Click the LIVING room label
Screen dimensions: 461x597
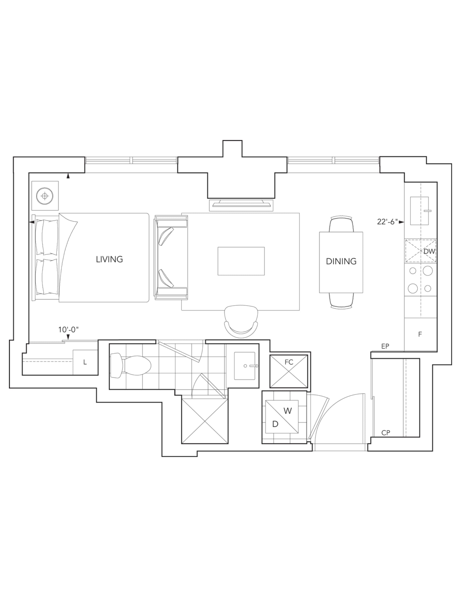pos(109,259)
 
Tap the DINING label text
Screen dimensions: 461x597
pos(341,261)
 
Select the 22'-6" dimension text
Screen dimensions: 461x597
pos(387,222)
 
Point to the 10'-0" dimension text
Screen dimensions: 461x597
pos(68,330)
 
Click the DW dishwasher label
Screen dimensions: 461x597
pos(429,252)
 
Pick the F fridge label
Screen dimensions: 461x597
pos(420,334)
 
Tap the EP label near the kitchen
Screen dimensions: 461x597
pos(385,346)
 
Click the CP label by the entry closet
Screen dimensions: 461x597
pos(386,433)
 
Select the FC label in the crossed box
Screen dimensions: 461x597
pos(289,362)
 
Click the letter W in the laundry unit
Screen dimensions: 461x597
pos(287,411)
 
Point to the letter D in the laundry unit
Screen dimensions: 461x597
pos(275,424)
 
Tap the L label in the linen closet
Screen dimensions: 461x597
pos(85,363)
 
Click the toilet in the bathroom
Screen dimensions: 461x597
pos(130,366)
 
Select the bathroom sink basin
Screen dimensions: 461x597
pos(245,366)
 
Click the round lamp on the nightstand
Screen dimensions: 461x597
pos(45,196)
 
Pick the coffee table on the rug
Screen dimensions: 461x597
pos(241,261)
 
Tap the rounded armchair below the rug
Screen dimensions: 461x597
pos(241,322)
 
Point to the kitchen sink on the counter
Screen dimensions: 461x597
pos(420,211)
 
